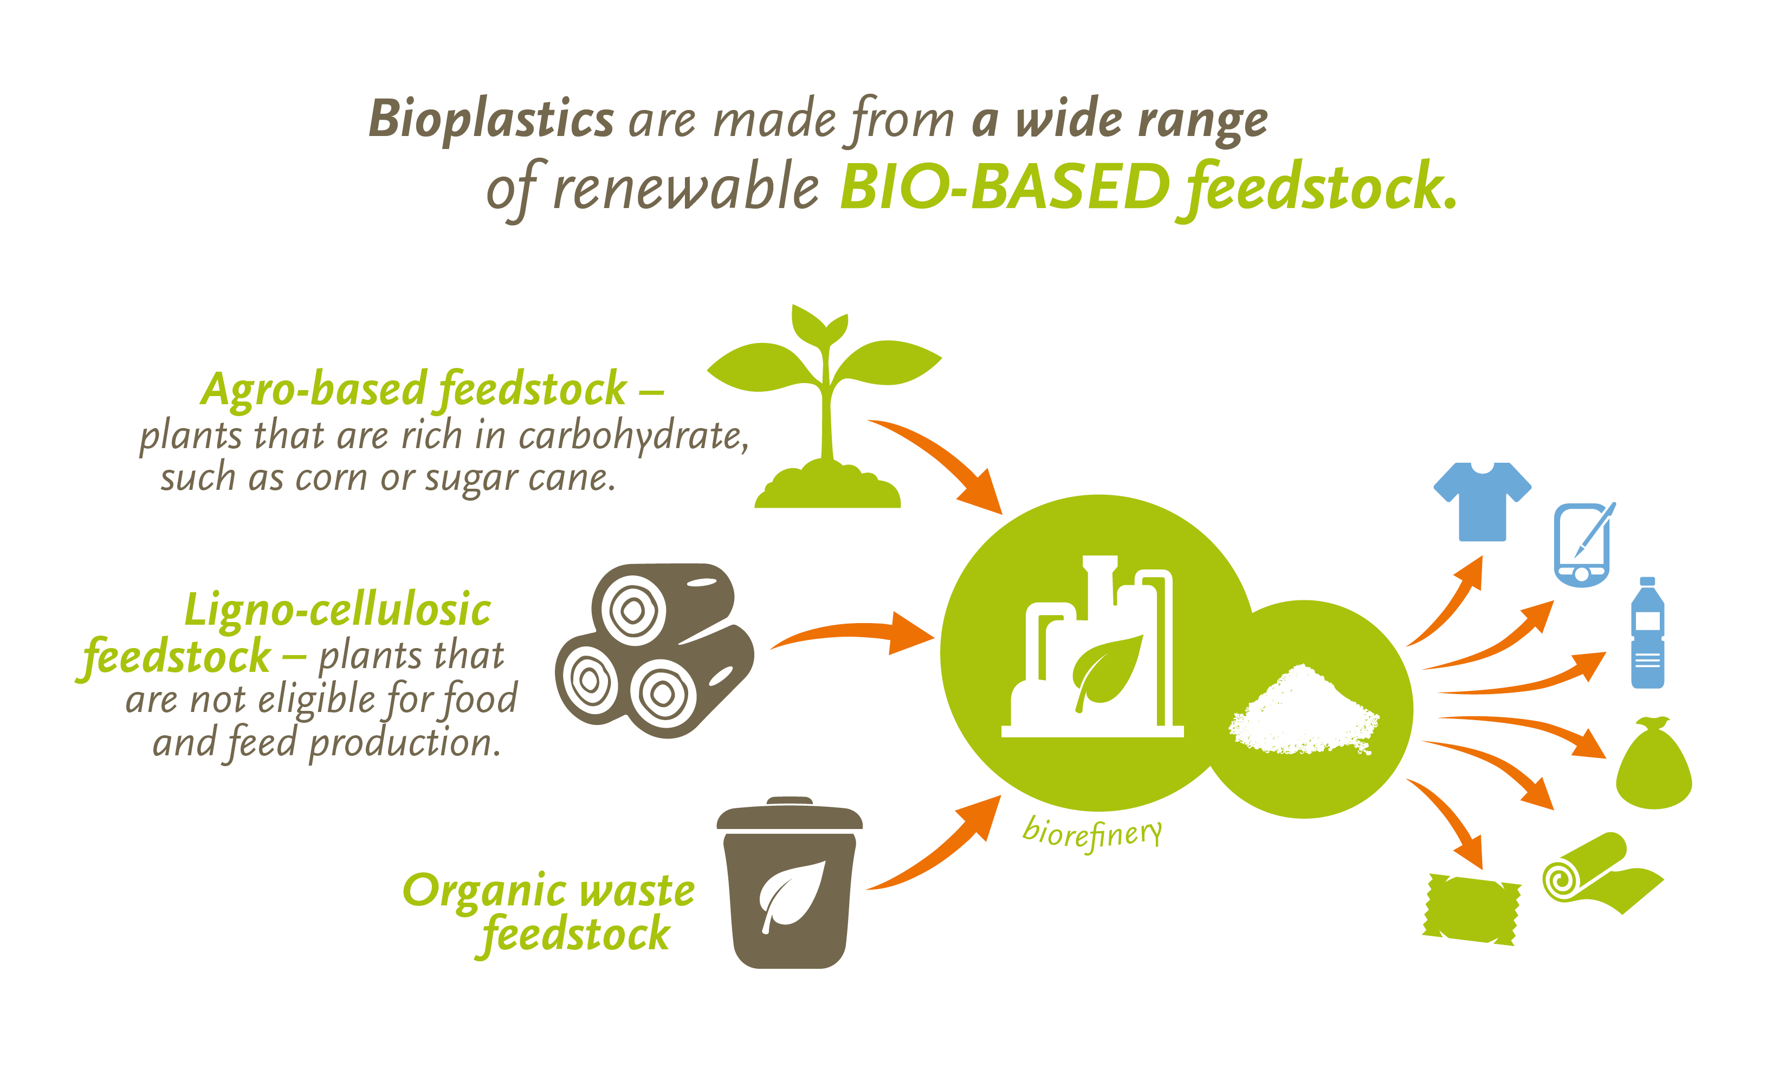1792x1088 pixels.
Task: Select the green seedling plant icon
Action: click(825, 406)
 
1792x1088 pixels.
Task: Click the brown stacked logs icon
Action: click(655, 650)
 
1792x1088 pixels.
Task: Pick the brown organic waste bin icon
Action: click(790, 882)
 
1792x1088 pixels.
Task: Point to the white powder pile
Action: click(1303, 710)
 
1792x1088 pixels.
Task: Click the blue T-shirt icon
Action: click(1482, 501)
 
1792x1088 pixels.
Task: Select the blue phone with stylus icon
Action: click(1584, 544)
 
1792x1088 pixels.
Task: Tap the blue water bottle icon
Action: click(1648, 633)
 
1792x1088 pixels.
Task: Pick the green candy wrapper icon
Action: click(1471, 909)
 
